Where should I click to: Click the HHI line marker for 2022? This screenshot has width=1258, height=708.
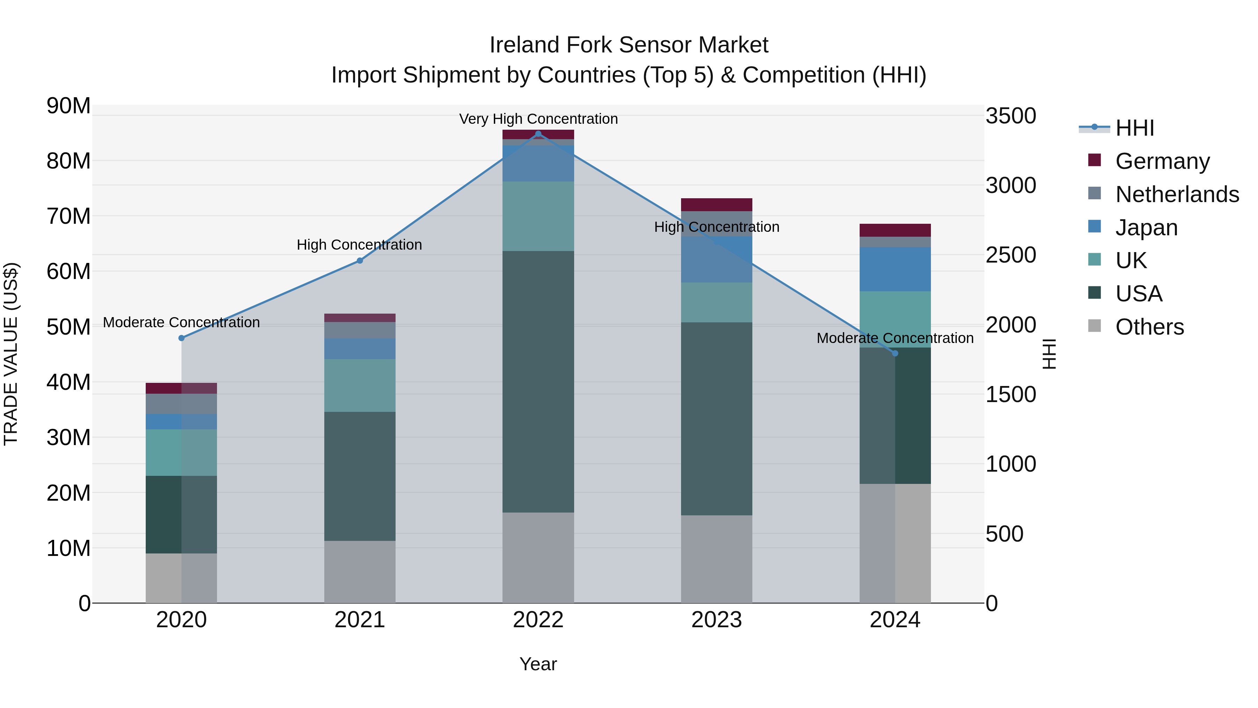(538, 134)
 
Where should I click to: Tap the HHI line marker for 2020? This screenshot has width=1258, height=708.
(182, 338)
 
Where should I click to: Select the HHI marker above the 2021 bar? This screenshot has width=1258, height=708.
(360, 261)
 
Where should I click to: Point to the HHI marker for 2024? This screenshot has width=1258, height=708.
(895, 353)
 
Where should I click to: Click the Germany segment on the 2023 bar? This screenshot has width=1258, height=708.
(716, 205)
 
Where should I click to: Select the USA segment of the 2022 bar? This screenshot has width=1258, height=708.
(538, 381)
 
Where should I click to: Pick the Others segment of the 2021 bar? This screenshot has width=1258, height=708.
(360, 572)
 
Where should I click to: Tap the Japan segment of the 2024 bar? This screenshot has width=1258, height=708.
(895, 269)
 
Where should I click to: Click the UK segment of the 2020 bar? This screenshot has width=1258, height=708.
(182, 452)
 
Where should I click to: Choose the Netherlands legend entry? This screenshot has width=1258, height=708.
(1177, 194)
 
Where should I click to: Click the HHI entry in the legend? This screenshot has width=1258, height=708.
(1134, 128)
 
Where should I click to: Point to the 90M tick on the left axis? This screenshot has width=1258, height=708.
(68, 106)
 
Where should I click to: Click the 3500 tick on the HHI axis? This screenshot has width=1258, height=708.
(1010, 116)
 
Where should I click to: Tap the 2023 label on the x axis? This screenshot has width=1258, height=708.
(716, 620)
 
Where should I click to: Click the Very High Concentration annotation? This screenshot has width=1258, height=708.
(538, 119)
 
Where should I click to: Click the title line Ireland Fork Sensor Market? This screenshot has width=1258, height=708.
(629, 45)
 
